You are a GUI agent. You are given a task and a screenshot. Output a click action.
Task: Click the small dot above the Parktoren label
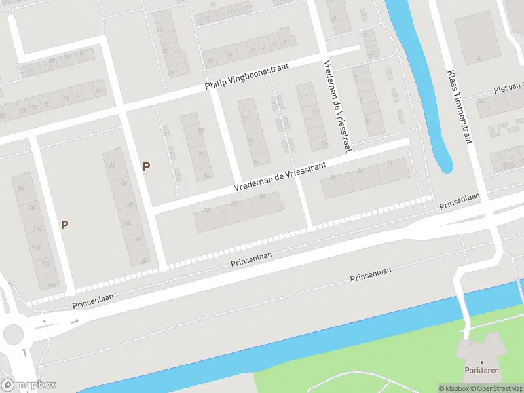tap(481, 362)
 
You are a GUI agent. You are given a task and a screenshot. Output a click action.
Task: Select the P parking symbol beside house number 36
tap(146, 166)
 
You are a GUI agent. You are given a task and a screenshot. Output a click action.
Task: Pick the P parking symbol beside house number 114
tap(64, 225)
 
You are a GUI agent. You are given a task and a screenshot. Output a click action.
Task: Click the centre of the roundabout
tap(12, 335)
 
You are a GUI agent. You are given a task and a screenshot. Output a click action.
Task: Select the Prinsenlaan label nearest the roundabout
tap(93, 297)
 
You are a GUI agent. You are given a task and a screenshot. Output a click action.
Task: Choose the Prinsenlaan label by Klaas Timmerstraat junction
tap(460, 202)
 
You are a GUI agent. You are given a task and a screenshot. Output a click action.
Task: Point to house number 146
tap(50, 285)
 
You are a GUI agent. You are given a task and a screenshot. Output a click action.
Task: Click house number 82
tap(144, 261)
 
